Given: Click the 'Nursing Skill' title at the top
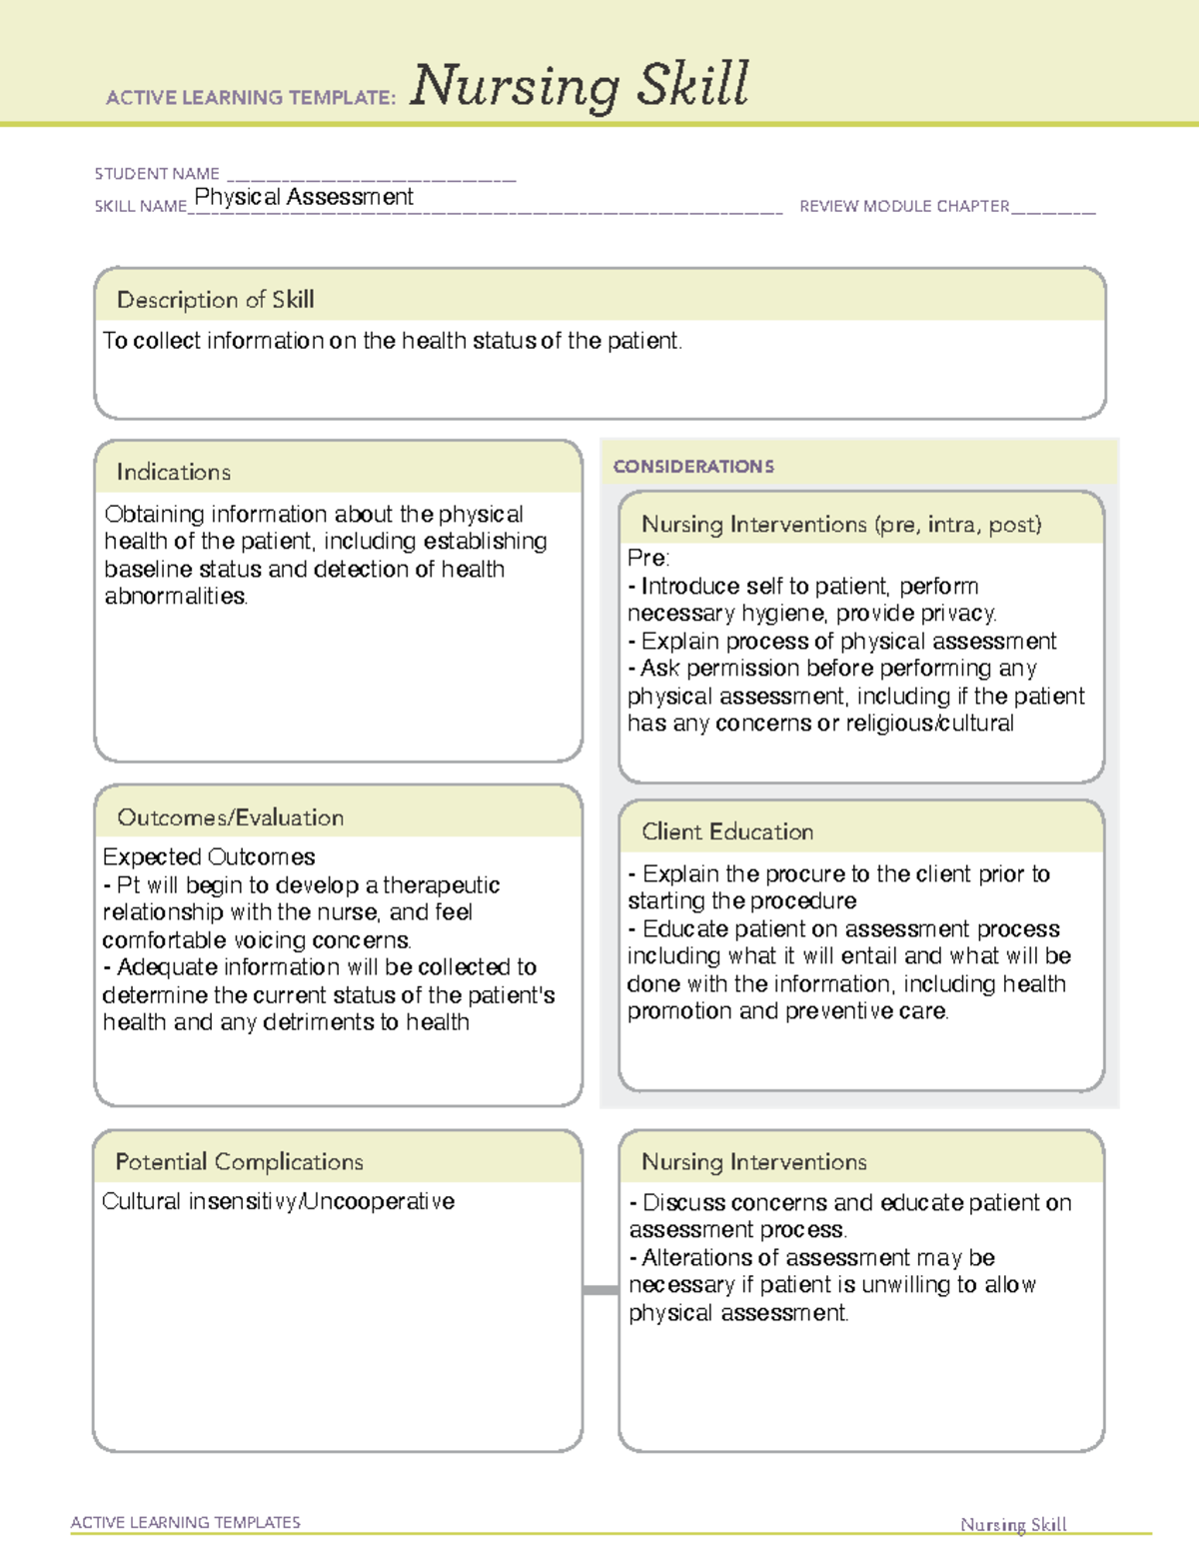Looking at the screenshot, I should click(579, 85).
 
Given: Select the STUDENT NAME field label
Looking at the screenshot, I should click(157, 174).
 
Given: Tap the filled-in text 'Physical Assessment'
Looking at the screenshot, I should click(304, 197).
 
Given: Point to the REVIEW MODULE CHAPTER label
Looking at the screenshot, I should click(904, 206).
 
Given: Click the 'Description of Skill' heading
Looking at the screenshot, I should click(215, 300).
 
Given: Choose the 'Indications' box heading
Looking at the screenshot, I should click(173, 472).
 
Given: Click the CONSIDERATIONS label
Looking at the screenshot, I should click(693, 467).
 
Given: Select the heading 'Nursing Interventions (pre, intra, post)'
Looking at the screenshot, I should click(841, 525).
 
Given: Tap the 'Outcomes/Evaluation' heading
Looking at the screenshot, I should click(230, 817).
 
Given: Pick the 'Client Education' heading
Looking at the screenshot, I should click(727, 831).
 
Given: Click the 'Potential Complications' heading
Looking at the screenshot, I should click(239, 1162).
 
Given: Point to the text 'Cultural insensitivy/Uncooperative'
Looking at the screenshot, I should click(278, 1201).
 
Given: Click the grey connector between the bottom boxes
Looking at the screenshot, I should click(600, 1290).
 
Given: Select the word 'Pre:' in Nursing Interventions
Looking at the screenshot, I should click(647, 558).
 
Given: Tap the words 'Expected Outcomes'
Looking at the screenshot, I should click(209, 857).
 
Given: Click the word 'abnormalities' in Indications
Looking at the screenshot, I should click(175, 597).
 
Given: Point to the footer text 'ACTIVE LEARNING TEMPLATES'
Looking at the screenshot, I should click(185, 1522).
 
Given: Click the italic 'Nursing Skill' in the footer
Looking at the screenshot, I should click(1013, 1524).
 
